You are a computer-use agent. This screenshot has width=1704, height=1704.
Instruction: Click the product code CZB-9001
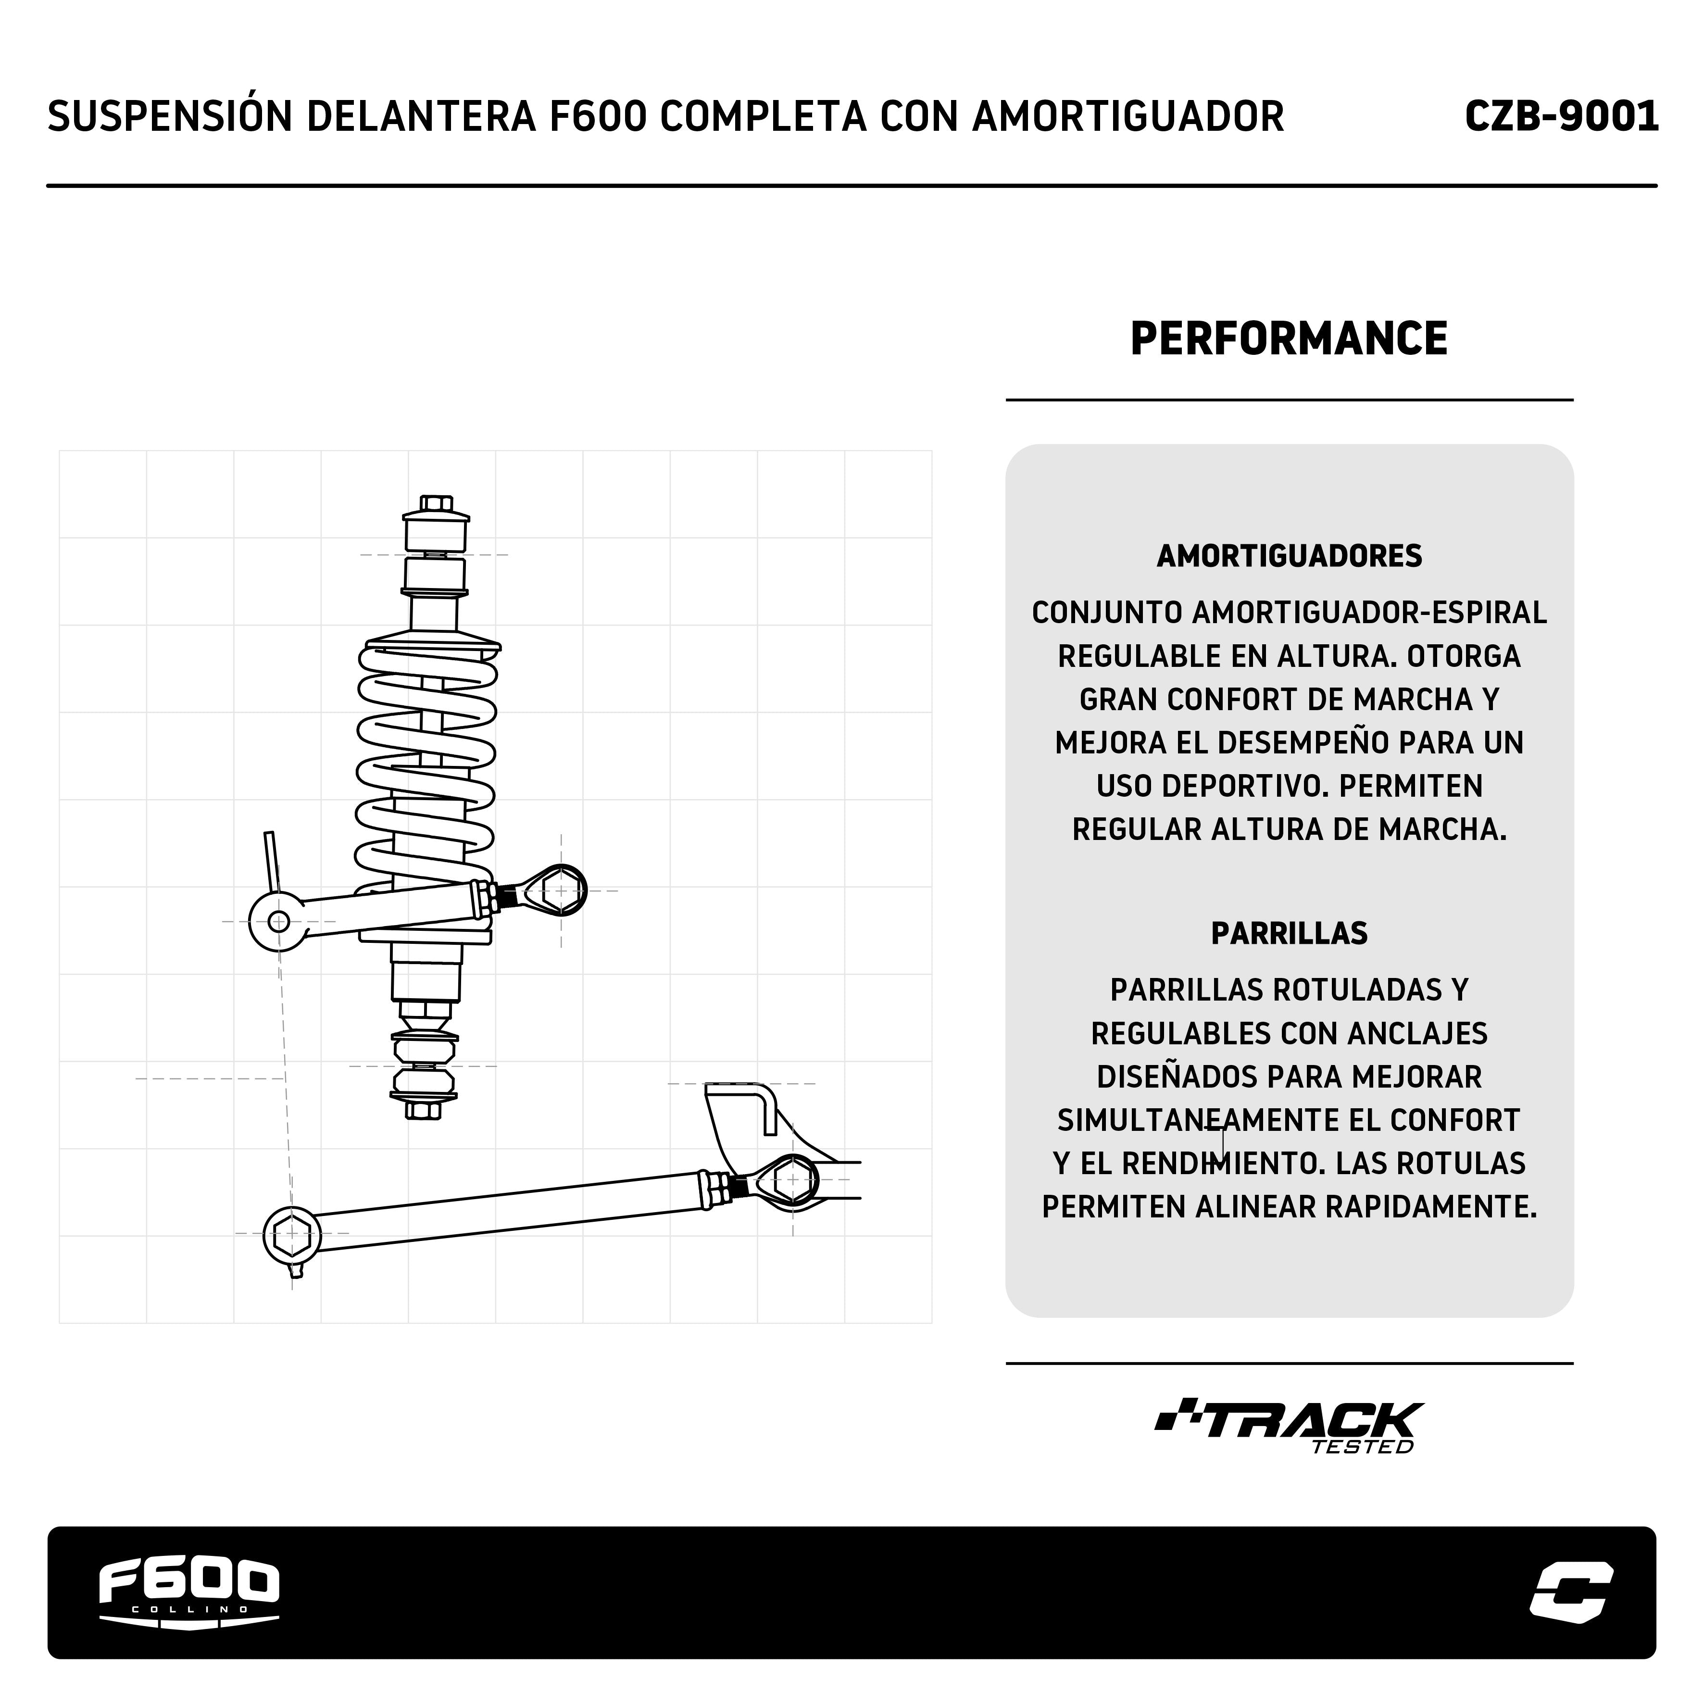(1560, 116)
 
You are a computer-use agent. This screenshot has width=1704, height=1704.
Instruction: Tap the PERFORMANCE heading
(1289, 338)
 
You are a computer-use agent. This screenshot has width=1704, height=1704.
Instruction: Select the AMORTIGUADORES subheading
(1289, 556)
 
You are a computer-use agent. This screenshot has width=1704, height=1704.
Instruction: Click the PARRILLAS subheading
(1289, 933)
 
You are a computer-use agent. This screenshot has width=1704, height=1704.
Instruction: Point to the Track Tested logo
(1289, 1426)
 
